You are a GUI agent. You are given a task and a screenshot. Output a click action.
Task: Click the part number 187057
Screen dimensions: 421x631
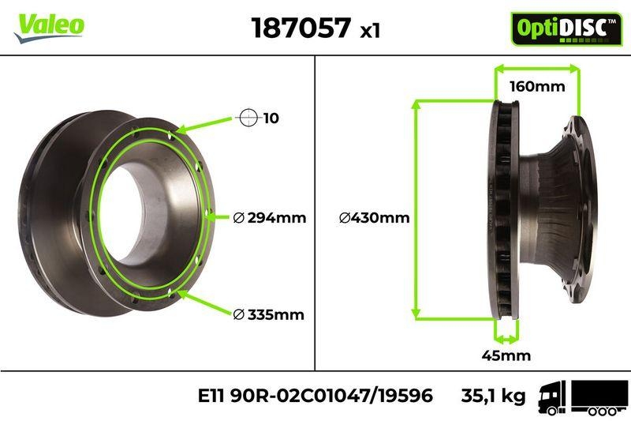pos(301,28)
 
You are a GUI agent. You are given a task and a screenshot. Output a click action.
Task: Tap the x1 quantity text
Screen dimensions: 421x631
pos(370,31)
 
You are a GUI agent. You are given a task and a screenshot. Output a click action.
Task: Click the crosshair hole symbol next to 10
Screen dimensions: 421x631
pos(248,118)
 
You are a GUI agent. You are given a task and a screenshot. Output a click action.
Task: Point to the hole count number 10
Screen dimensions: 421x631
pos(271,118)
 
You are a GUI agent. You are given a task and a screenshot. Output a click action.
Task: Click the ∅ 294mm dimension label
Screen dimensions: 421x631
pos(270,218)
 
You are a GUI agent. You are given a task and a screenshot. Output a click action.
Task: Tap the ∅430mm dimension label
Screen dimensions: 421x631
pos(374,218)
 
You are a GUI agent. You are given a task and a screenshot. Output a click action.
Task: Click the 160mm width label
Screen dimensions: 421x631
pos(536,87)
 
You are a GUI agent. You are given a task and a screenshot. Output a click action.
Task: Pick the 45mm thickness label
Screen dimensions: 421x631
pos(506,355)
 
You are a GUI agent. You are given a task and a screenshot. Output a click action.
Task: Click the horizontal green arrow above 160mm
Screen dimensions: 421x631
pos(536,70)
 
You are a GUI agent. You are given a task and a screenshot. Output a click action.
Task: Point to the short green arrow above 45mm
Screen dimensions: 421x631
pos(506,338)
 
